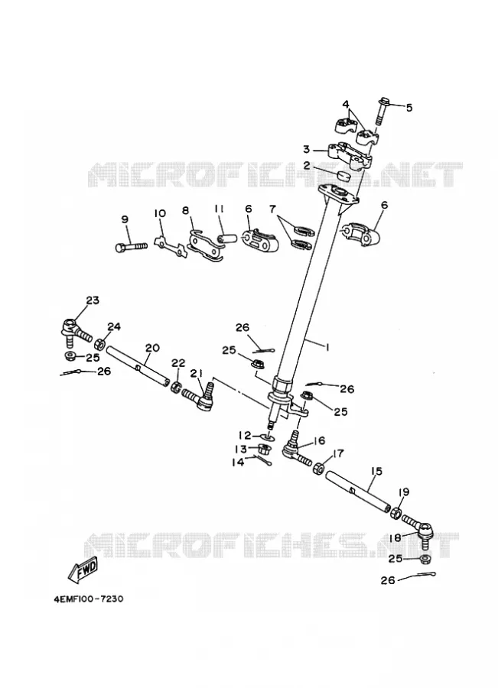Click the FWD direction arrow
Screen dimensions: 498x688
[83, 571]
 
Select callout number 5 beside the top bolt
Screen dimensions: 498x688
[408, 108]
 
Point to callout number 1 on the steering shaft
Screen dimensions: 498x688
[327, 346]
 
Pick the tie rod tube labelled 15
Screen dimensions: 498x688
[357, 491]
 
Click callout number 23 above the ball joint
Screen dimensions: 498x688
[93, 300]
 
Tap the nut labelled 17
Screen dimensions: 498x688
[318, 468]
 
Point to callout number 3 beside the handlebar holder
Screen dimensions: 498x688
[307, 149]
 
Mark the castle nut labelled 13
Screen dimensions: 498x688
[265, 449]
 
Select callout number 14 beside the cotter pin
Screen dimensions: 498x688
[239, 462]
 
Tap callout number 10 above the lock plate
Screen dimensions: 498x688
[160, 214]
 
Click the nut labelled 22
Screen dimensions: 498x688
[176, 388]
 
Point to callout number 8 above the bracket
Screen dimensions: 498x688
[186, 210]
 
